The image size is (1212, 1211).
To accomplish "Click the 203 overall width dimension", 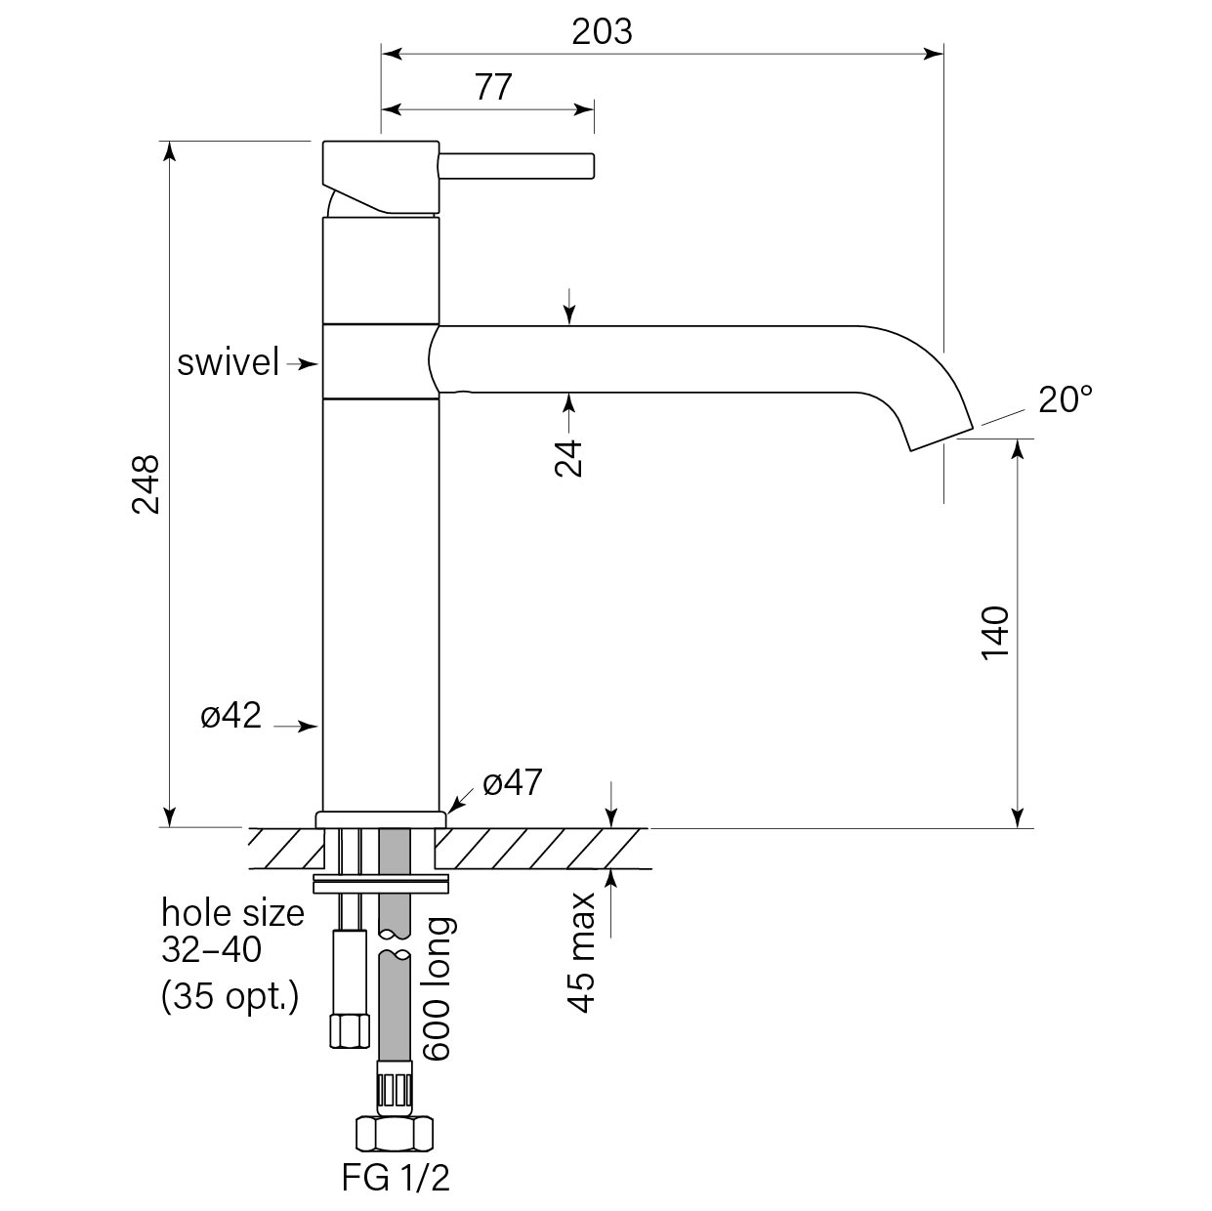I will (x=602, y=32).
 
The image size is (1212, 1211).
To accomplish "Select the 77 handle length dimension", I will (x=493, y=88).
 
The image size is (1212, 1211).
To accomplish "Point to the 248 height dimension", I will (x=146, y=483).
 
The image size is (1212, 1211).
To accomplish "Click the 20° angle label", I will (x=1065, y=399).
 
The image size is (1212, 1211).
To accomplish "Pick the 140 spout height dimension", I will (x=994, y=633).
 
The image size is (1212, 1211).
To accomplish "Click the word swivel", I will (x=229, y=363).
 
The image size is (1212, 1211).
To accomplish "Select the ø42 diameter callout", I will (x=231, y=716).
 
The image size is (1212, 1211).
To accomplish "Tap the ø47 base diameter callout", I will (x=512, y=782).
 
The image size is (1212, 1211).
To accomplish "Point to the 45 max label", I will (x=582, y=951).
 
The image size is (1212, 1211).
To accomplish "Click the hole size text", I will (x=232, y=914).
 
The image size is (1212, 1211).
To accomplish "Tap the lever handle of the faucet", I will (x=517, y=165).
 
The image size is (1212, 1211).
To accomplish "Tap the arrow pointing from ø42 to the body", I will (x=297, y=726).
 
